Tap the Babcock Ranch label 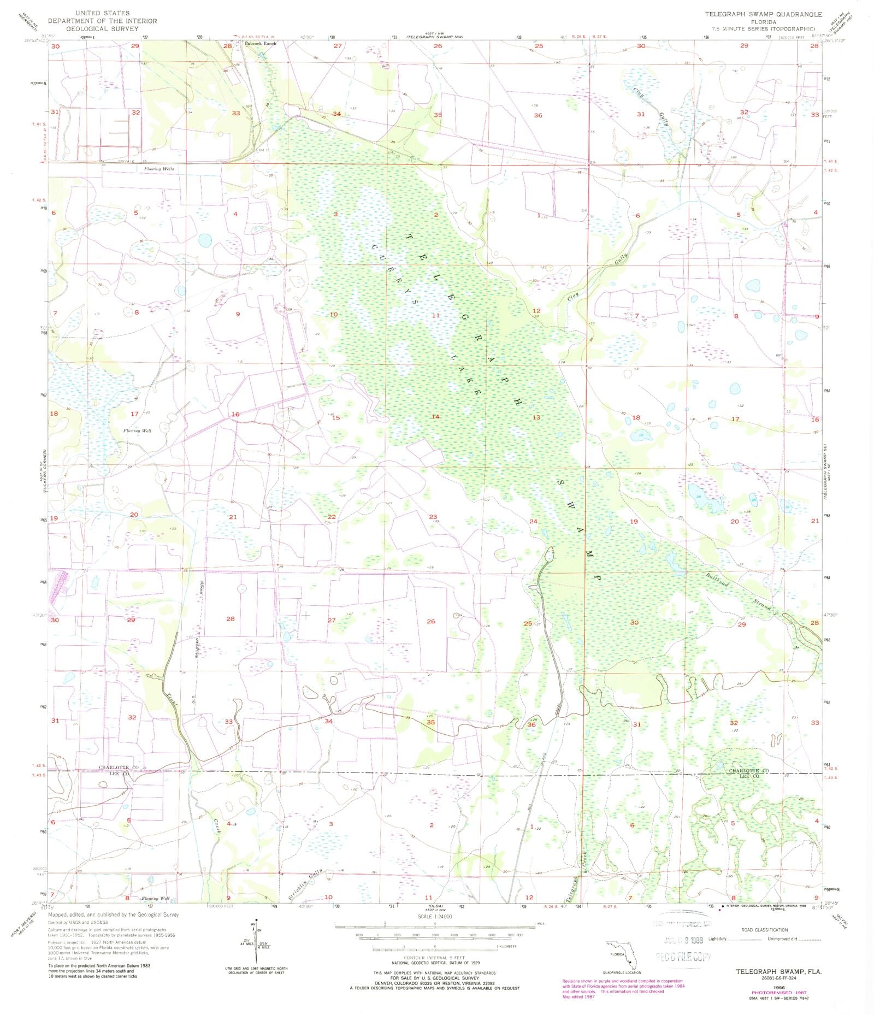[261, 43]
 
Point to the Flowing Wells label [159, 169]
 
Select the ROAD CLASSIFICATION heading [764, 930]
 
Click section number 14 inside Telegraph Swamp [435, 417]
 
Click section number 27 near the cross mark [332, 620]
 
